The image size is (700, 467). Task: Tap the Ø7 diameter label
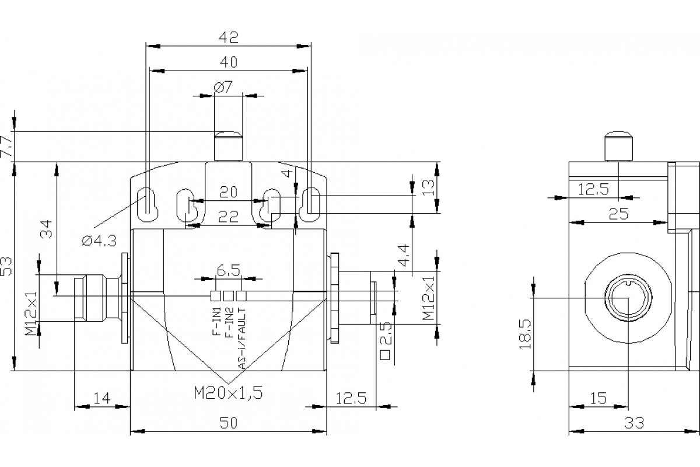pyautogui.click(x=223, y=88)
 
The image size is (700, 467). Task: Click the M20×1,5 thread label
pyautogui.click(x=228, y=393)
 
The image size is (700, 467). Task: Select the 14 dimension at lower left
pyautogui.click(x=101, y=399)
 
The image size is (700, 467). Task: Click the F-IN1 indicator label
pyautogui.click(x=216, y=323)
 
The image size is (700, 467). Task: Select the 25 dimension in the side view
pyautogui.click(x=618, y=214)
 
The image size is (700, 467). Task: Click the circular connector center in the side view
pyautogui.click(x=626, y=298)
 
